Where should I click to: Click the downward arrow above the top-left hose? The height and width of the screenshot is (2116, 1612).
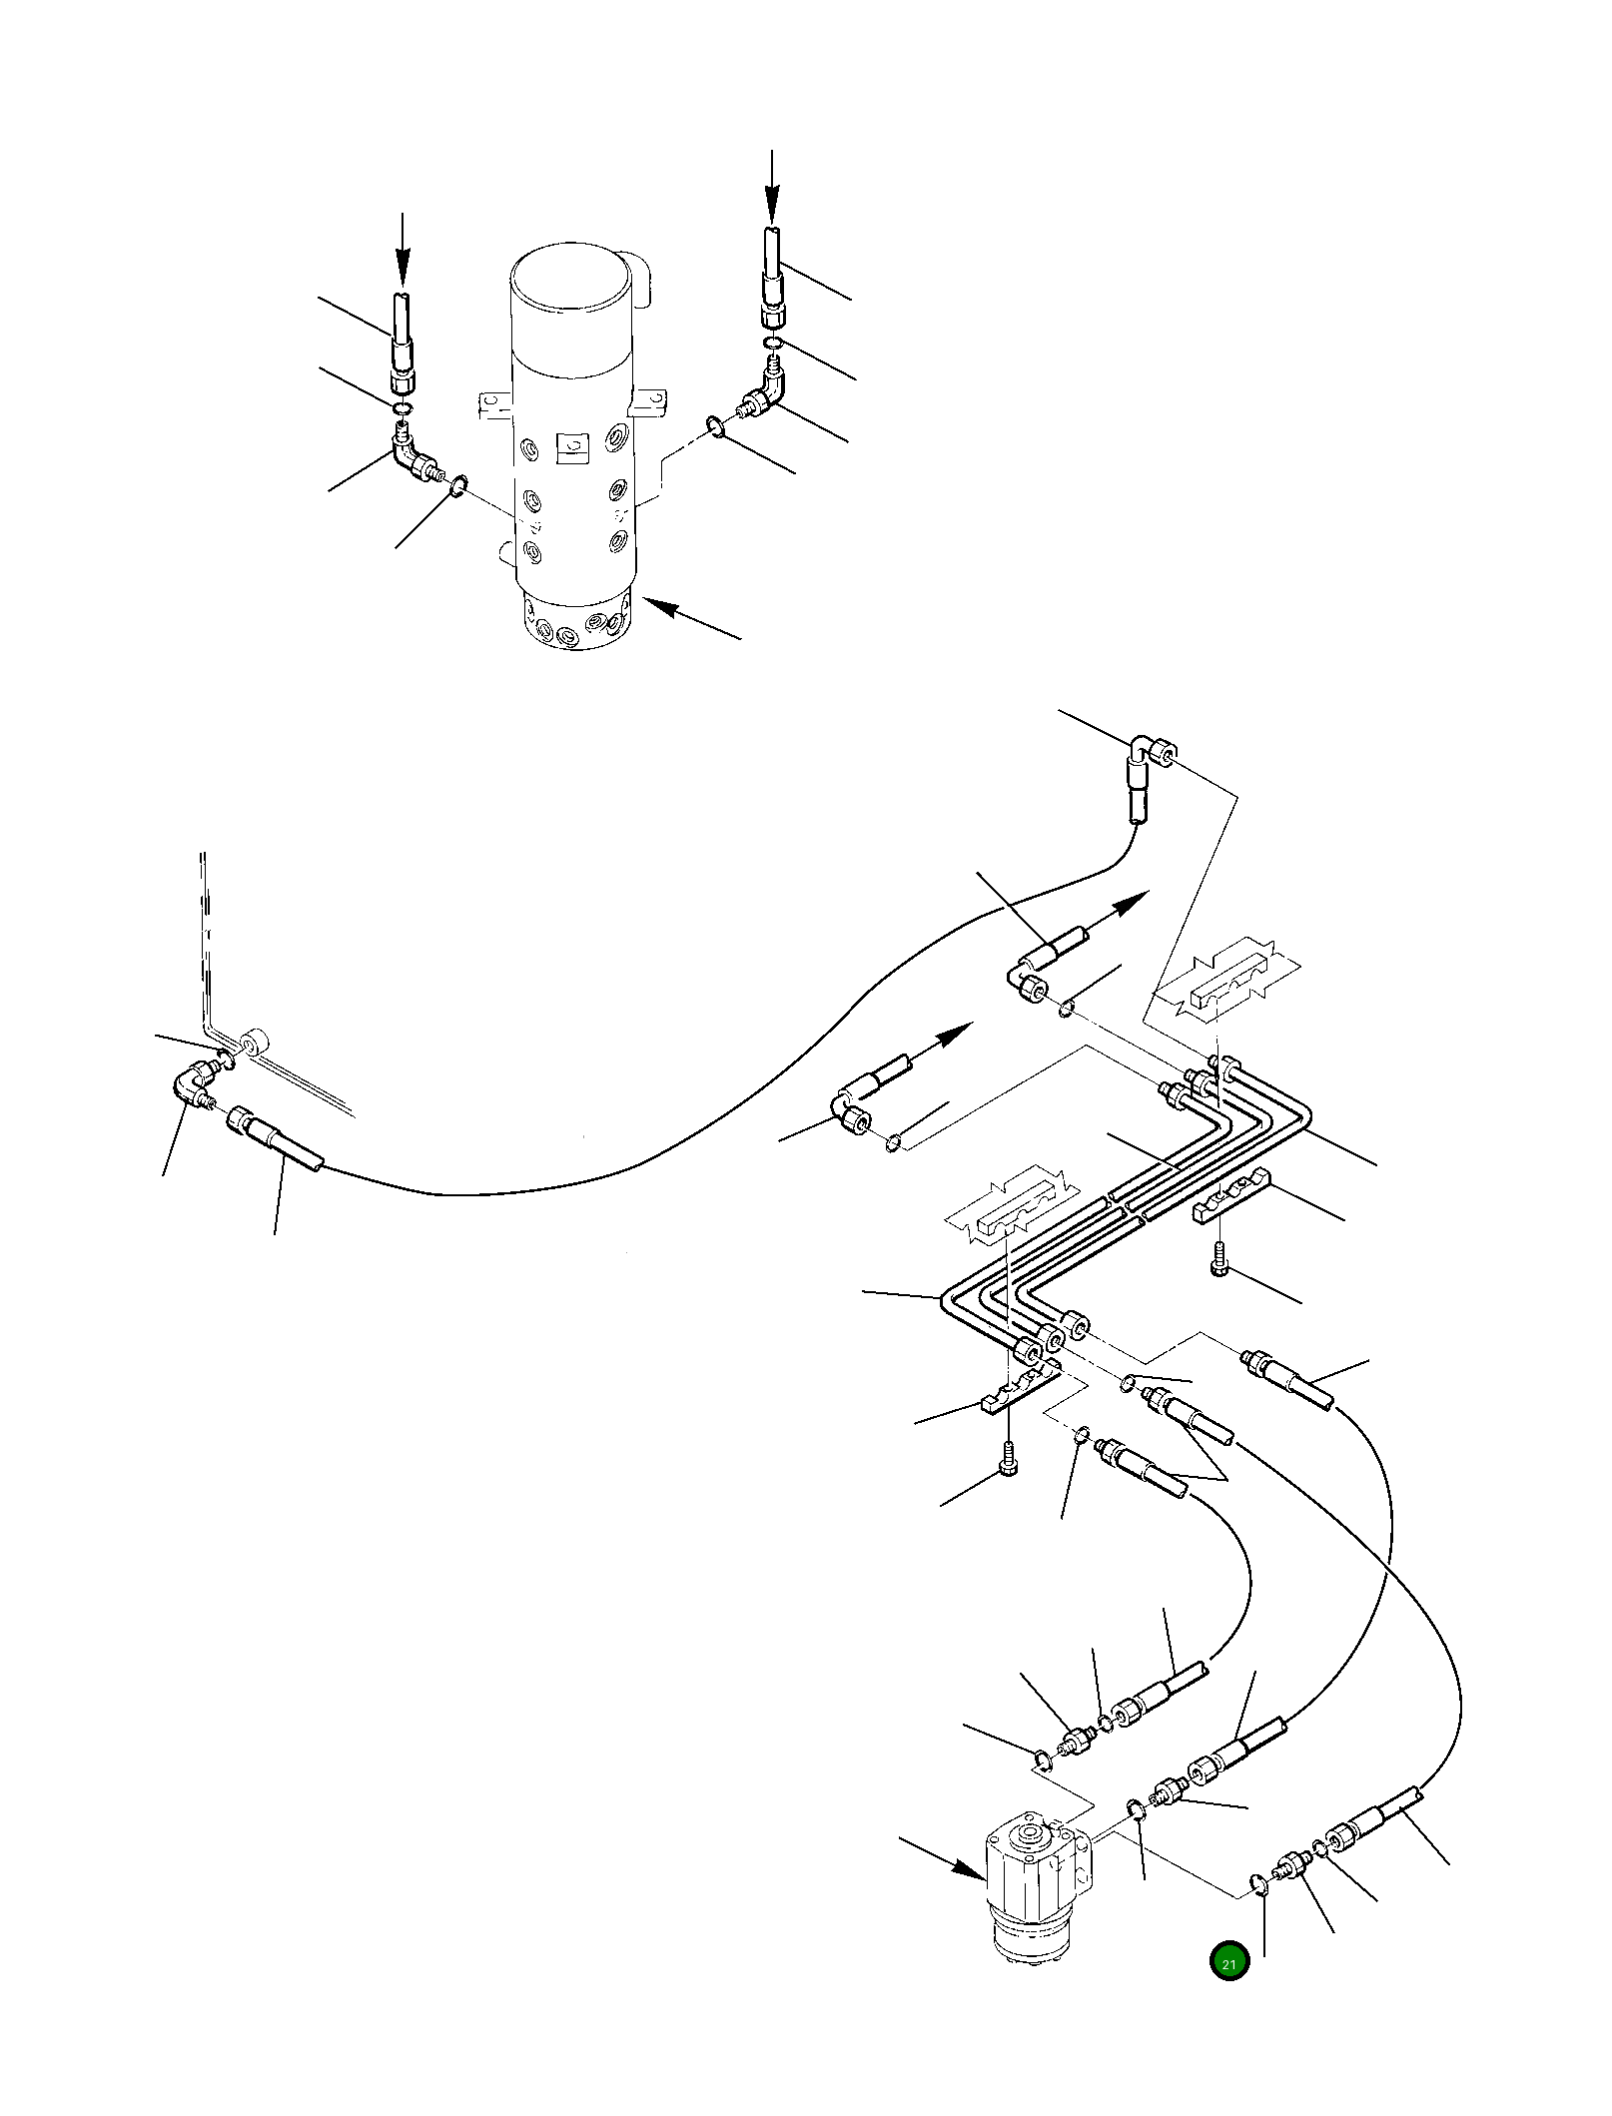[x=403, y=250]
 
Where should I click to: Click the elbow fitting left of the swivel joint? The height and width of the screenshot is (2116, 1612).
[x=411, y=461]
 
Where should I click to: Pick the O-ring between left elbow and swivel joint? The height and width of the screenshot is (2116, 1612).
[x=456, y=486]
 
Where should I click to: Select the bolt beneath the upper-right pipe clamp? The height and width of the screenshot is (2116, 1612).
[x=1221, y=1260]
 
